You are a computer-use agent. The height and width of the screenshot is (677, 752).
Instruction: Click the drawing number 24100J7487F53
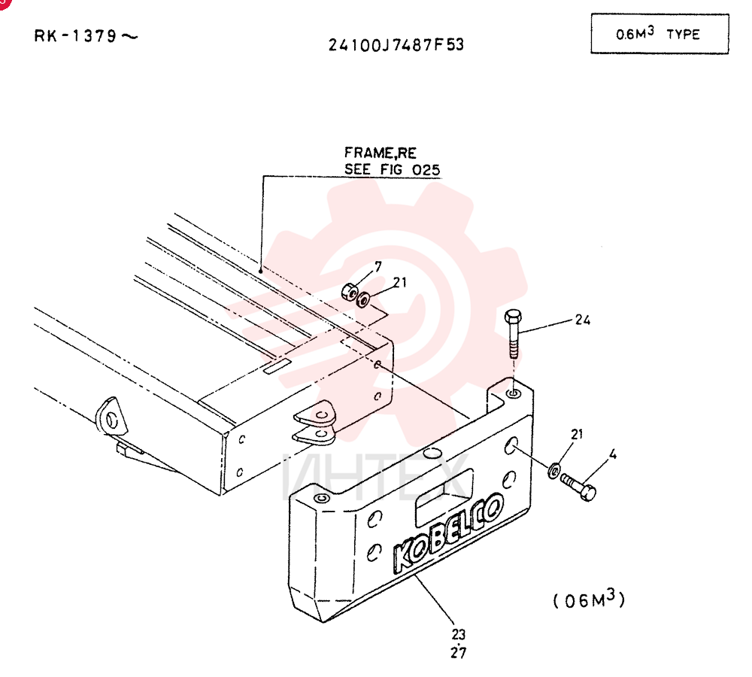pos(396,45)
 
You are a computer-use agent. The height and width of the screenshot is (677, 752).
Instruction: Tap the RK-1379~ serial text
pos(86,36)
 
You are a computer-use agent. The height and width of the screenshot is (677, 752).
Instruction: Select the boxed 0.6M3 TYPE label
pos(660,34)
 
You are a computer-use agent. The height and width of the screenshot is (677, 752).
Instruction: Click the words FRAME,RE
pos(381,153)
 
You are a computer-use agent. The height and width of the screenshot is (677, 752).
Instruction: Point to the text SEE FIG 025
pos(393,169)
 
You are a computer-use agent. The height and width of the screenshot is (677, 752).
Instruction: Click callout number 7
pos(378,267)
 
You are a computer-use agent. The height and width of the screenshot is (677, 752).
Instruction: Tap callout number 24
pos(583,320)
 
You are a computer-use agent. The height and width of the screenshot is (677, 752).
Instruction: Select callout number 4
pos(612,454)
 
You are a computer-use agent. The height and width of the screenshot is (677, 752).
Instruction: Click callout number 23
pos(459,634)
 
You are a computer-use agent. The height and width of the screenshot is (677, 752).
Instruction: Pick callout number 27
pos(459,652)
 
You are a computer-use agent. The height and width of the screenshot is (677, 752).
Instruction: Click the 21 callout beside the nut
pos(400,283)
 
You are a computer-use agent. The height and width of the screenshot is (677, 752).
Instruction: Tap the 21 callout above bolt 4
pos(577,434)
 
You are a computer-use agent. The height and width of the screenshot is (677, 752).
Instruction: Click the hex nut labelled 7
pos(350,291)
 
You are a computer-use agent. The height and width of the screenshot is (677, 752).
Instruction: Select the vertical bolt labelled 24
pos(513,334)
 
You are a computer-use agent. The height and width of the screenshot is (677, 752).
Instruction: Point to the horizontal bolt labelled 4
pos(579,487)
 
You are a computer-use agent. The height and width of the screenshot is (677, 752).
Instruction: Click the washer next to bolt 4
pos(553,471)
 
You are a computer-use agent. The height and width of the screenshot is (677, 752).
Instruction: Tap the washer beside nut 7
pos(363,300)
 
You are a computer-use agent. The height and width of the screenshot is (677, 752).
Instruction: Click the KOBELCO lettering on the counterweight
pos(448,533)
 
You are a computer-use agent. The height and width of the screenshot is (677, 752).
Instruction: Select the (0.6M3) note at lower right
pos(590,600)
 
